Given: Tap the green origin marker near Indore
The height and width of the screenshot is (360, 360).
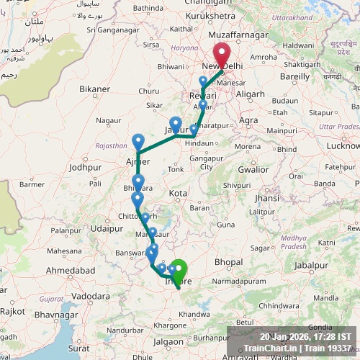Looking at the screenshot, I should click(177, 271).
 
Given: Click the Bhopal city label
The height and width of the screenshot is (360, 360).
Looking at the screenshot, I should click(228, 261).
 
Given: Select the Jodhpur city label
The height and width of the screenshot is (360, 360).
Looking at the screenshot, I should click(86, 167).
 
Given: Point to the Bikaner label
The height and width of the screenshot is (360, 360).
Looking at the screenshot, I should click(95, 89).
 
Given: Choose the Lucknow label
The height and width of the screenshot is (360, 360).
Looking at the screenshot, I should click(343, 145).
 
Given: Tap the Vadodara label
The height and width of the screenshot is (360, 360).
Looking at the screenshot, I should click(90, 295).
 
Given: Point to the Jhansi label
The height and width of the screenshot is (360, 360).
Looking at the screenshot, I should click(266, 198).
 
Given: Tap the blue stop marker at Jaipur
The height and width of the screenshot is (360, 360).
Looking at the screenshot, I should click(175, 124).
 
